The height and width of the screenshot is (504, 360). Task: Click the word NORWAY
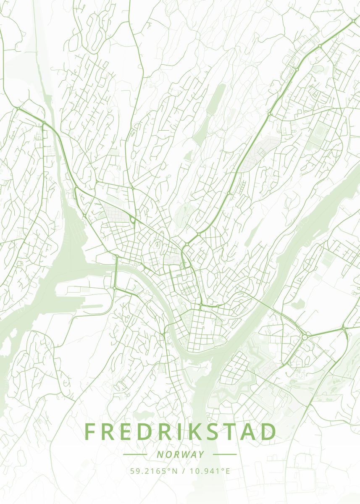[180, 454]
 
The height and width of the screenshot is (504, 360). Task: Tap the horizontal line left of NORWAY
[135, 454]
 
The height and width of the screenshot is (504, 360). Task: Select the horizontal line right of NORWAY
[225, 454]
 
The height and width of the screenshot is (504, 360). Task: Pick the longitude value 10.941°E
[210, 471]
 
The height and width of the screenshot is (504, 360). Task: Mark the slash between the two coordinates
[184, 471]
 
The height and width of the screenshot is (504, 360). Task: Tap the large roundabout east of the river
[304, 337]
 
